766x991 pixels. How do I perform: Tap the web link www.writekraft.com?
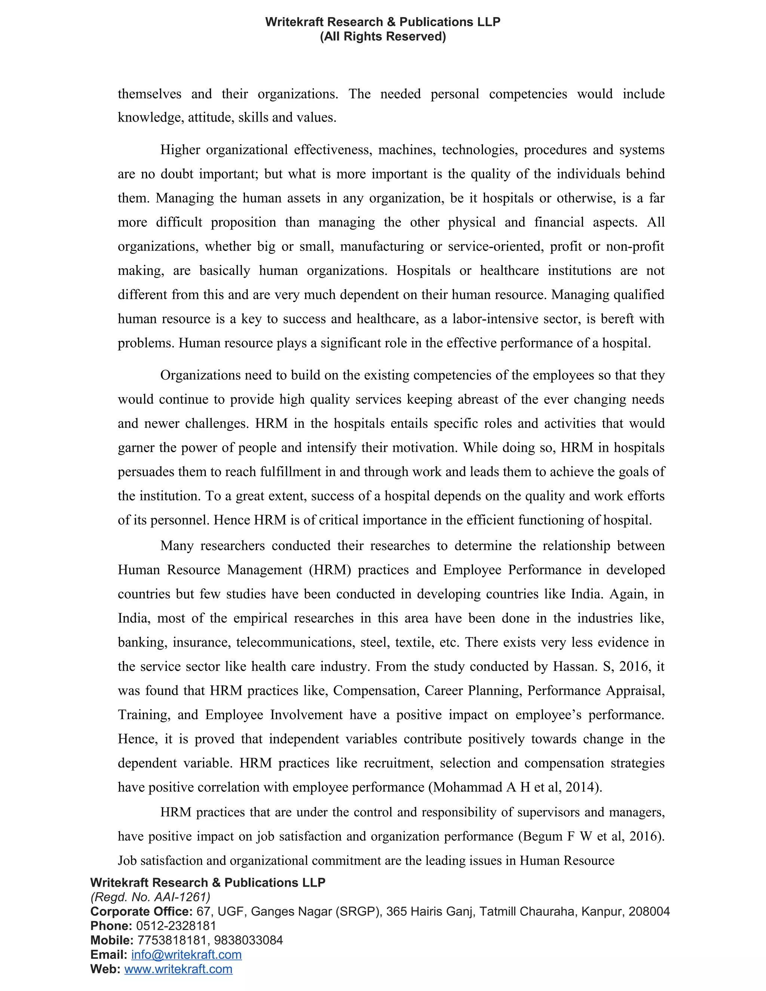point(178,969)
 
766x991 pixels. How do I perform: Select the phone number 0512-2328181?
point(176,926)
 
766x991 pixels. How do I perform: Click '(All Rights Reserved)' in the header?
point(383,36)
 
